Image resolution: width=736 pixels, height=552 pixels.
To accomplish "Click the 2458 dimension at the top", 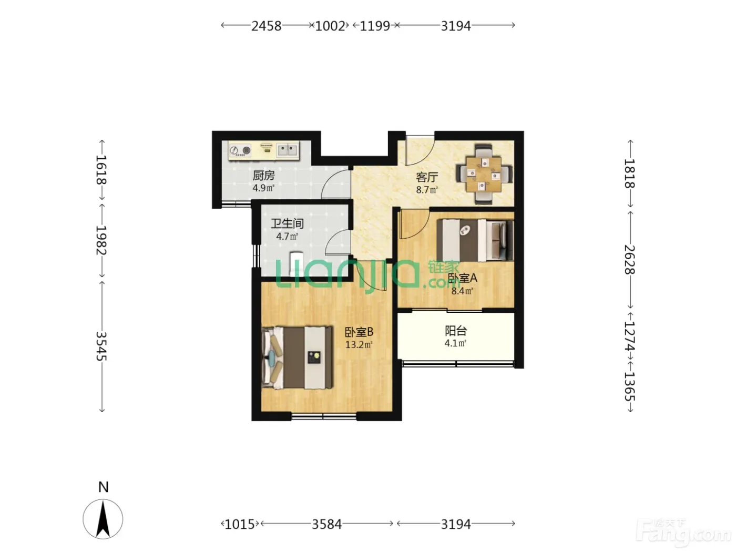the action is (x=266, y=26).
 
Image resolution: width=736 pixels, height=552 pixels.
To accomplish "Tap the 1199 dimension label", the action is (x=374, y=26).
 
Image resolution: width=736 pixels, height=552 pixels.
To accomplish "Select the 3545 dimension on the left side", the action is (x=101, y=346).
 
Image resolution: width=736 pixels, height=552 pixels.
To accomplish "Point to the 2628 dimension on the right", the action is (x=629, y=260).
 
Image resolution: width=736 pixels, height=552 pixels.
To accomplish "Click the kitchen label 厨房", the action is (x=263, y=175).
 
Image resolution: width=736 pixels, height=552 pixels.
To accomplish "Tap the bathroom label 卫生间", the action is (x=287, y=223).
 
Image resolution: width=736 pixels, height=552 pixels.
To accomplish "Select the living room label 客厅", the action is (x=427, y=177).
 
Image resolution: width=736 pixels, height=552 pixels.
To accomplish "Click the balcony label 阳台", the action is (x=456, y=331).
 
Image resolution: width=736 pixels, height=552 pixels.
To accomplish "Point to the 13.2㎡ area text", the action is (x=359, y=344).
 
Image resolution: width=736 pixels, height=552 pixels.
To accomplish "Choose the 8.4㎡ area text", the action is (x=462, y=291).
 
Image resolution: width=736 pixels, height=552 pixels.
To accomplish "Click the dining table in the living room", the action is (x=484, y=175).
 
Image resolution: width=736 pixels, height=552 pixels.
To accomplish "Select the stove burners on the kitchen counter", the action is (x=240, y=150).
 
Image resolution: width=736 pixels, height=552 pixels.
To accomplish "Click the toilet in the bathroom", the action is (x=297, y=263).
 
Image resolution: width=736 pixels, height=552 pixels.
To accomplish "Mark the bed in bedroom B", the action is (x=298, y=357).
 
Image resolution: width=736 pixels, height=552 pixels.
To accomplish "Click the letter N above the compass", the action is (x=103, y=487).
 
